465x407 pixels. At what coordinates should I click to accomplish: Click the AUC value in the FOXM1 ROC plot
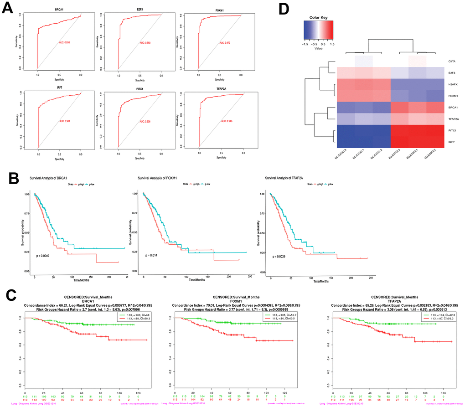click(x=225, y=43)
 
